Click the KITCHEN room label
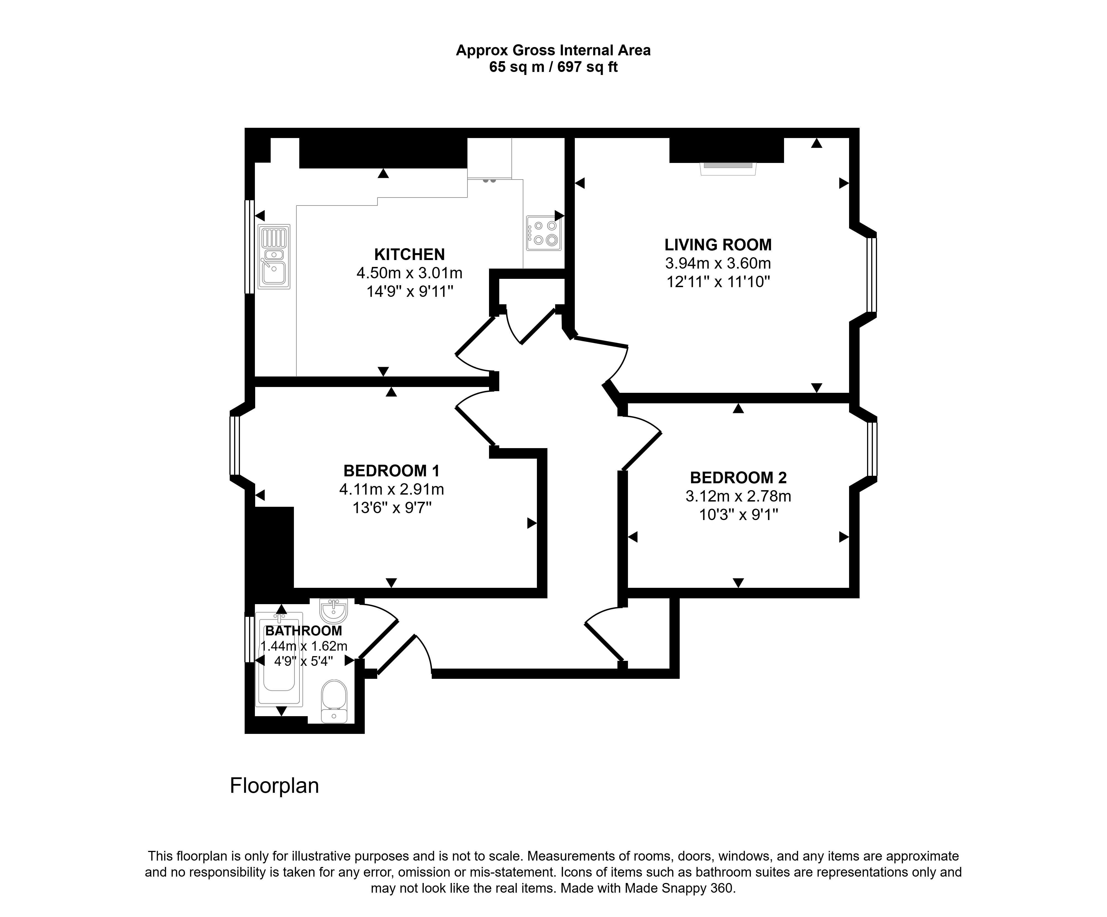click(x=410, y=254)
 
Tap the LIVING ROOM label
click(x=718, y=245)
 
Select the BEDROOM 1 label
click(x=391, y=471)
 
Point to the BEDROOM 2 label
click(x=738, y=478)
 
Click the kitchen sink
click(x=274, y=257)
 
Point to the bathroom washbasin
click(x=333, y=611)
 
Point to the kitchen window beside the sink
click(x=250, y=246)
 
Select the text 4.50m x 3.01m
click(x=410, y=273)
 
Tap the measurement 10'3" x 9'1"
click(x=738, y=514)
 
